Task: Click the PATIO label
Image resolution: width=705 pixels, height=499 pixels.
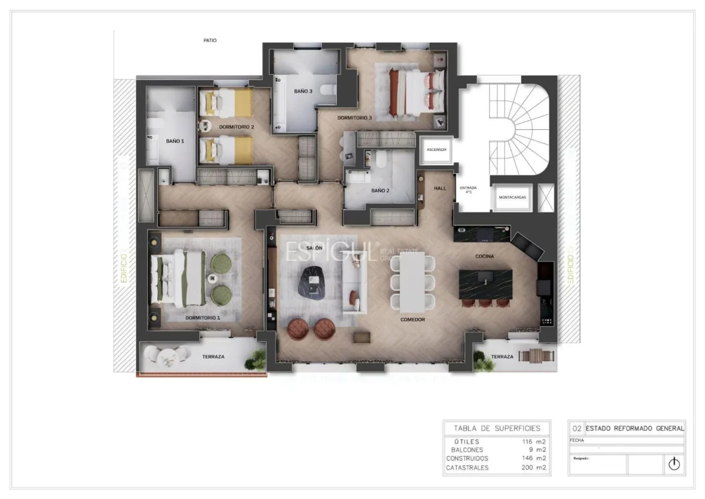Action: [210, 40]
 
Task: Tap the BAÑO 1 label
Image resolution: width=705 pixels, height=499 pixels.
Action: [175, 141]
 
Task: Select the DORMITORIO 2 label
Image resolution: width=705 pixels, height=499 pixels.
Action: [236, 127]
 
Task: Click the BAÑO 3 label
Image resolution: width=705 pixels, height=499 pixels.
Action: [303, 91]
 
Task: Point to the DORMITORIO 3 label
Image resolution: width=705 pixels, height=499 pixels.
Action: [355, 117]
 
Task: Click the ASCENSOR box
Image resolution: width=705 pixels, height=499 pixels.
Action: [437, 150]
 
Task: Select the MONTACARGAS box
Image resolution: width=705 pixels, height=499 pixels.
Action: [512, 197]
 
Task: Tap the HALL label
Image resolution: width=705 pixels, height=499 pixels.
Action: [440, 188]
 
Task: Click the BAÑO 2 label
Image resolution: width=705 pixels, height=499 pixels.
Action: [380, 191]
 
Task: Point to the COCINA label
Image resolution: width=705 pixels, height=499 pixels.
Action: [484, 256]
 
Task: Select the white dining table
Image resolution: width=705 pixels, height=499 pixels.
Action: [413, 282]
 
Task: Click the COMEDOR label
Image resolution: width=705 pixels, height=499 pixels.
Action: [412, 320]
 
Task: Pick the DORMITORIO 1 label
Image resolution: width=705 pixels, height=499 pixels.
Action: [202, 318]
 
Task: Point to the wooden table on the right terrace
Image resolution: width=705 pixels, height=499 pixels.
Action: [536, 356]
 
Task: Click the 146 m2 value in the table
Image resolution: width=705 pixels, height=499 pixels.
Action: [534, 458]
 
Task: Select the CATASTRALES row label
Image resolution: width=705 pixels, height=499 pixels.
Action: [467, 467]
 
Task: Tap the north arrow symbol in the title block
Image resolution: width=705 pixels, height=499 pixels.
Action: [674, 464]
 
